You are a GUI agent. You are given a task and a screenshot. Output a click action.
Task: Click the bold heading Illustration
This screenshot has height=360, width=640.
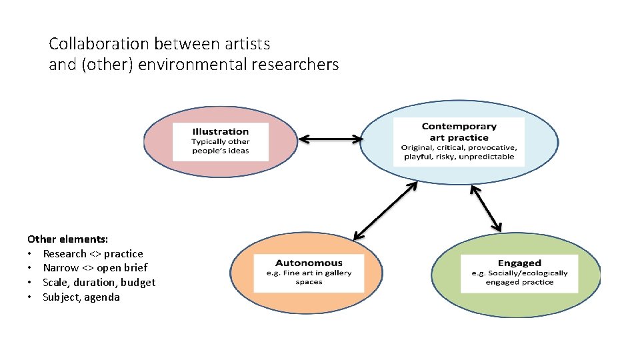(220, 131)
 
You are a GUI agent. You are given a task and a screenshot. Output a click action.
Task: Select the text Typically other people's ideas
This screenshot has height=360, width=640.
(220, 146)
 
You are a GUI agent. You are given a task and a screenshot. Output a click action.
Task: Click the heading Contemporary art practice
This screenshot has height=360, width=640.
(459, 132)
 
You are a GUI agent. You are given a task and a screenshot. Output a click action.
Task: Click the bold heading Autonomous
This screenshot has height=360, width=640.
(309, 263)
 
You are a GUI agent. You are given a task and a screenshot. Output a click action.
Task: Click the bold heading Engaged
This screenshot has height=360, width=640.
(519, 263)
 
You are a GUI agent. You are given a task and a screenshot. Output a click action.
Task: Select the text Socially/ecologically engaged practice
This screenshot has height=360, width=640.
(519, 277)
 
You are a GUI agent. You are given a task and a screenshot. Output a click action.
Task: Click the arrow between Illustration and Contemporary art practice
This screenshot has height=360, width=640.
(331, 139)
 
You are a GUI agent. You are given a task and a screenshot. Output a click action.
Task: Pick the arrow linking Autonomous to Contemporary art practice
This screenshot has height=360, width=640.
(385, 211)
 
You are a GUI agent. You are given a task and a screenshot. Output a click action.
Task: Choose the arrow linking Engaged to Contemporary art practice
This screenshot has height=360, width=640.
(486, 207)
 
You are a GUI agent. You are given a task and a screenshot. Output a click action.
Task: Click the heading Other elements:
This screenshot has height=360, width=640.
(68, 239)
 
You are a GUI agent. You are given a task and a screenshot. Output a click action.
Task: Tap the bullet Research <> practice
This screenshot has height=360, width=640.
(93, 253)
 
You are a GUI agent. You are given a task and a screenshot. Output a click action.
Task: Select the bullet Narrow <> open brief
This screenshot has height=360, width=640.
(95, 268)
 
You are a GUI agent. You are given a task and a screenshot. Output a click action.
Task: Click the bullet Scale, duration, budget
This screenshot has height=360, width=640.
(99, 283)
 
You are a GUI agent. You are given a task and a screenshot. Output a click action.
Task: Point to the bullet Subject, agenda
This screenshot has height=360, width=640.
(81, 297)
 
